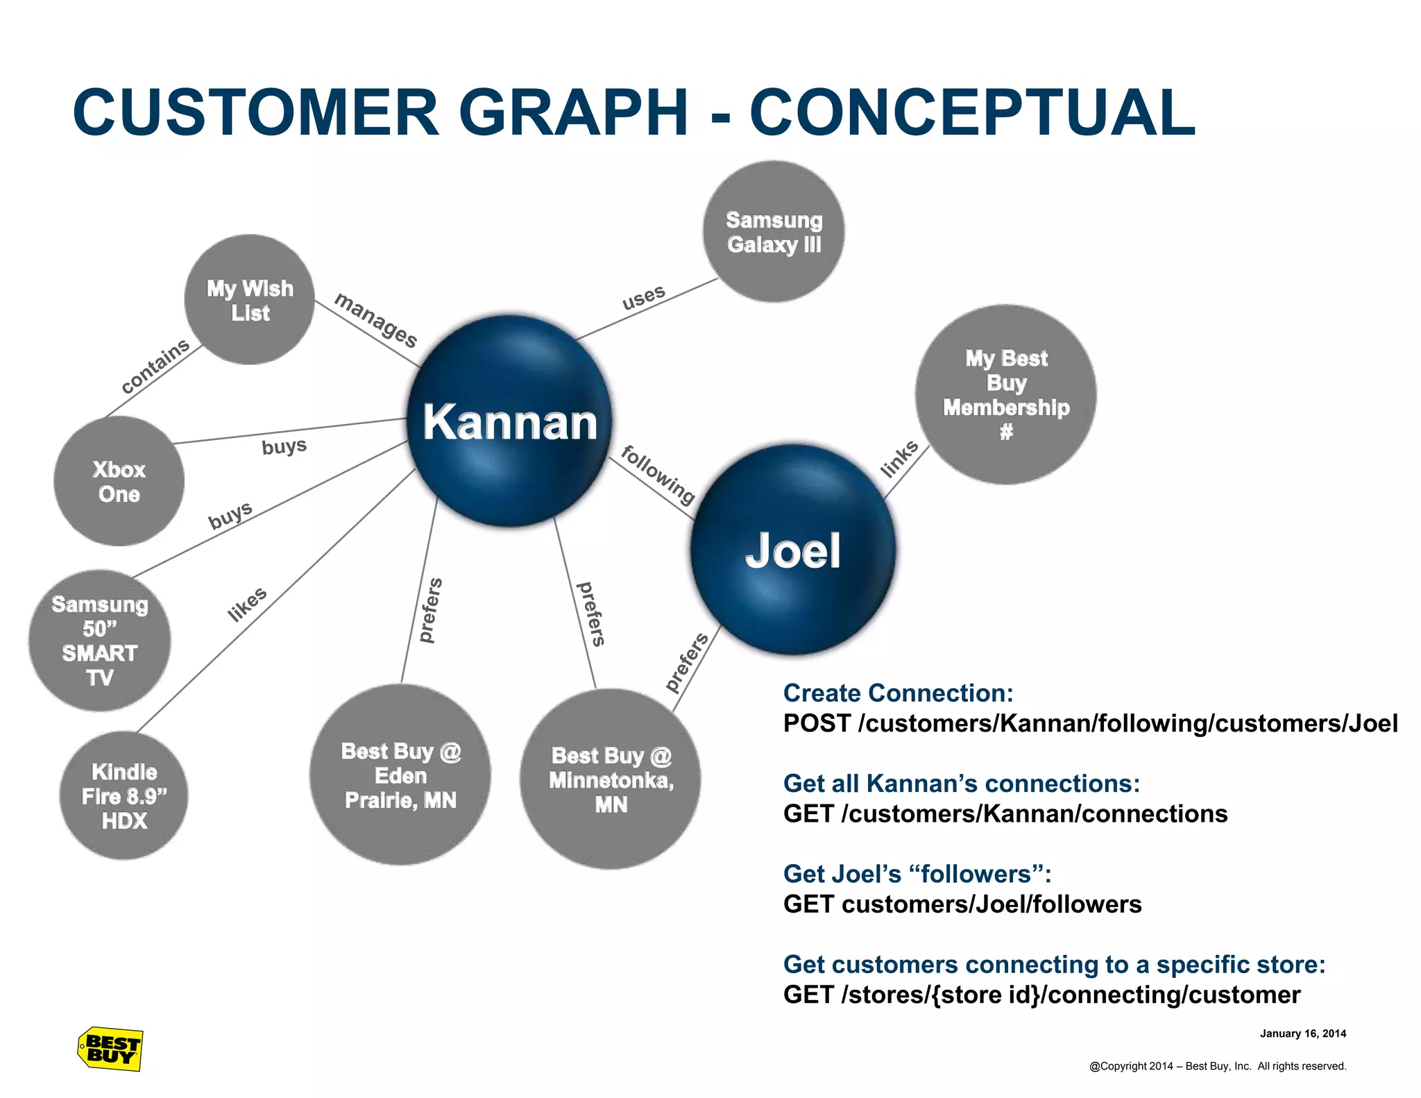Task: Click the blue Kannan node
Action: coord(510,421)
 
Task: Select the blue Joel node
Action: coord(792,550)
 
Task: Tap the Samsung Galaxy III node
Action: coord(774,232)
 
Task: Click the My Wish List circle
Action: coord(250,300)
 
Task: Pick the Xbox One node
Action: coord(119,482)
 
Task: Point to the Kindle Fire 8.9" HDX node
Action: coord(124,796)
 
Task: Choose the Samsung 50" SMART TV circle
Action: coord(100,641)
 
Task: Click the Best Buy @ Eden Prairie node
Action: coord(400,775)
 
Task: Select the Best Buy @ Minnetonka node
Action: coord(611,779)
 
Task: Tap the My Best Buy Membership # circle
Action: coord(1006,394)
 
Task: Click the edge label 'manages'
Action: coord(376,320)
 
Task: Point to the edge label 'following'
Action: coord(658,475)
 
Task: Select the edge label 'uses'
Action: coord(643,297)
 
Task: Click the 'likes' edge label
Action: coord(247,604)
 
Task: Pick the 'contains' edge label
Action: coord(155,366)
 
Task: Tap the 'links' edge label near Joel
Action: coord(899,459)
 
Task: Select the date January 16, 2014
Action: coord(1302,1033)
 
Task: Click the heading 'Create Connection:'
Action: coord(898,693)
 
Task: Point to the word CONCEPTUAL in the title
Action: coord(972,112)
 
